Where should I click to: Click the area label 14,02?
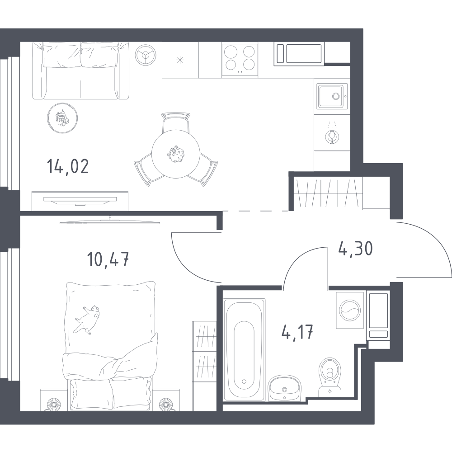click(68, 167)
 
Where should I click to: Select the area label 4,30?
click(355, 248)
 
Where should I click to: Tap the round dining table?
click(176, 154)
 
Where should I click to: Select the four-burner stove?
click(240, 60)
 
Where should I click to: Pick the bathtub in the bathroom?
click(244, 350)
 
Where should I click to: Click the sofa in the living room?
click(80, 71)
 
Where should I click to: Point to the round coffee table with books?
click(62, 118)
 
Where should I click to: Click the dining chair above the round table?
click(176, 122)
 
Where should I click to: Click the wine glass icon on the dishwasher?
click(331, 136)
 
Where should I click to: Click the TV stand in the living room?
click(80, 201)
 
